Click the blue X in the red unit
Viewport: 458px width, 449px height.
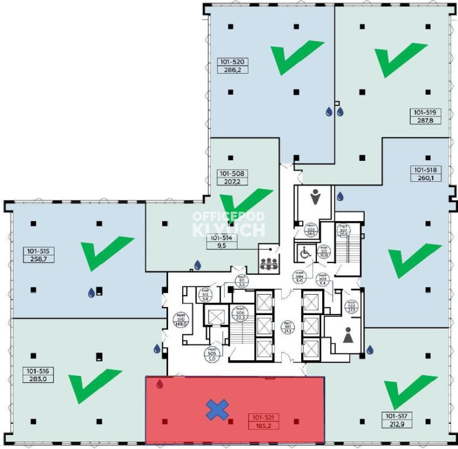click(217, 410)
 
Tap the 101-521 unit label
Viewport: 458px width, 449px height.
click(265, 418)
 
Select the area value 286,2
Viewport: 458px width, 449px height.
click(233, 69)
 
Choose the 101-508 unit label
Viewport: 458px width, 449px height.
click(233, 174)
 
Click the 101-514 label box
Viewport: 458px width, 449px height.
click(223, 241)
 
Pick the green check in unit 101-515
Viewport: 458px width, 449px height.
click(107, 252)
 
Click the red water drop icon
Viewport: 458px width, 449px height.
click(159, 384)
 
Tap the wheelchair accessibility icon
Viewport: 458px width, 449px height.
click(305, 253)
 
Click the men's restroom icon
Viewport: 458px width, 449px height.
click(316, 198)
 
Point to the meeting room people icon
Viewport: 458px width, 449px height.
click(269, 263)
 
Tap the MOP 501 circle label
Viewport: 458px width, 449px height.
click(287, 325)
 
